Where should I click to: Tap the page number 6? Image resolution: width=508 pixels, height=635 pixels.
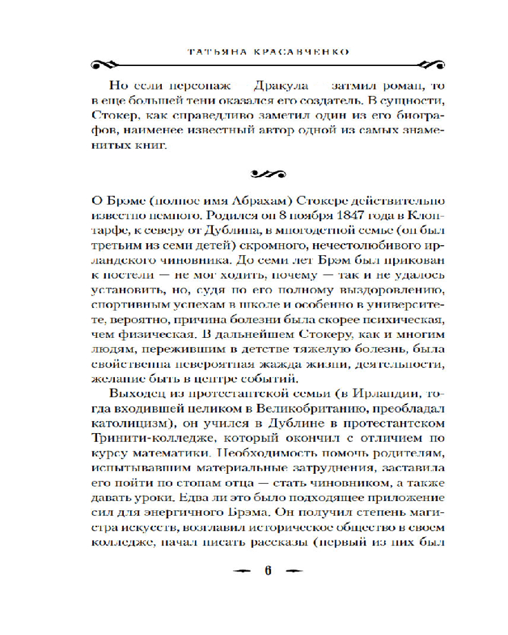point(267,568)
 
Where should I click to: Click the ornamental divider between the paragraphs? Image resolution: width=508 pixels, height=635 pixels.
point(267,172)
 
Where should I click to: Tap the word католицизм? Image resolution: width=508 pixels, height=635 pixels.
point(135,422)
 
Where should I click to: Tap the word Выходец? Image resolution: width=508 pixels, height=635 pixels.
point(135,389)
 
